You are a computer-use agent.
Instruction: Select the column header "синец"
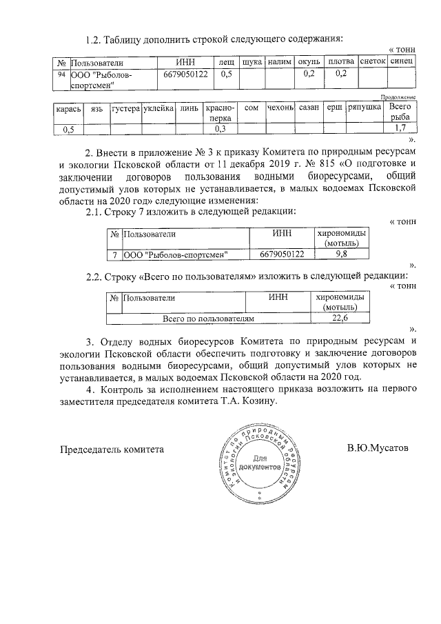[401, 63]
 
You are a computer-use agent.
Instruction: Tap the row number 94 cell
[61, 74]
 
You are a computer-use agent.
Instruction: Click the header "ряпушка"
[365, 109]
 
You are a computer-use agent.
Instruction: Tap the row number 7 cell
[114, 254]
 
